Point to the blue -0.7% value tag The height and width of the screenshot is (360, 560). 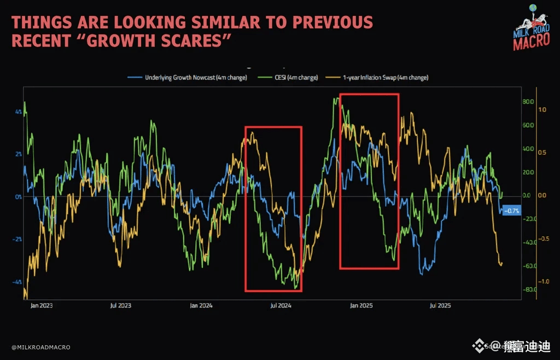(x=512, y=211)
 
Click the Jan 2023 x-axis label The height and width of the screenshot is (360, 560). (x=42, y=306)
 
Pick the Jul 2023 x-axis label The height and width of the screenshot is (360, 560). (x=121, y=306)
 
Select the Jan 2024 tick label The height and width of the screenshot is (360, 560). (x=201, y=306)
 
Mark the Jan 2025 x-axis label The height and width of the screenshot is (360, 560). (x=361, y=306)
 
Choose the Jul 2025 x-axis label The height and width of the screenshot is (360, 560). (x=440, y=306)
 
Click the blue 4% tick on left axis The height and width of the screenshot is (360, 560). (x=18, y=112)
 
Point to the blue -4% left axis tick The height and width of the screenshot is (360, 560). (x=17, y=282)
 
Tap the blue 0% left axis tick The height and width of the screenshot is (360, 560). (x=18, y=196)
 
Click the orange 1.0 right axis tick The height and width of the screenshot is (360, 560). (x=542, y=109)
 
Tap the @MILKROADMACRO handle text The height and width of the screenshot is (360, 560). (x=40, y=347)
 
